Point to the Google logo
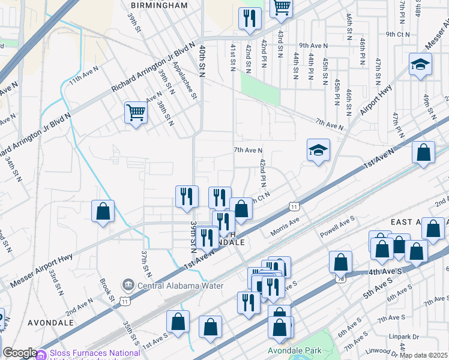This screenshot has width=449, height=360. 19,353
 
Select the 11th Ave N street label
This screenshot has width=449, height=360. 83,79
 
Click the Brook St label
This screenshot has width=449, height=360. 107,289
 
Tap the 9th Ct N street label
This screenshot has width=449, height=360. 397,34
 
